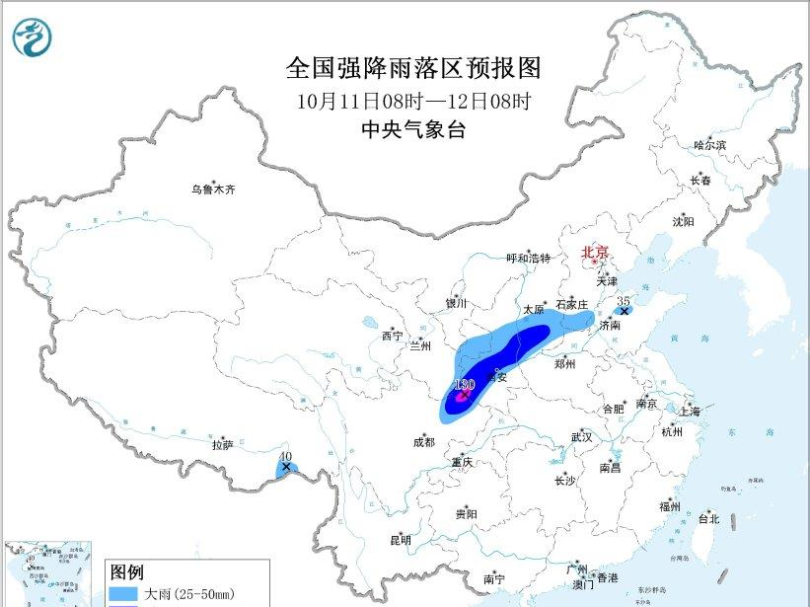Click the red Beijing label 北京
595,252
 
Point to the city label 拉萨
222,445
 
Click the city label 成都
422,442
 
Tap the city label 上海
687,412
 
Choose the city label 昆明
401,540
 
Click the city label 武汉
581,436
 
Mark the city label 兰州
420,346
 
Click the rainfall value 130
465,384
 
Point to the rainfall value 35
623,299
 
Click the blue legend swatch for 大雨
124,594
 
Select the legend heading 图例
126,571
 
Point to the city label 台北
708,519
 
